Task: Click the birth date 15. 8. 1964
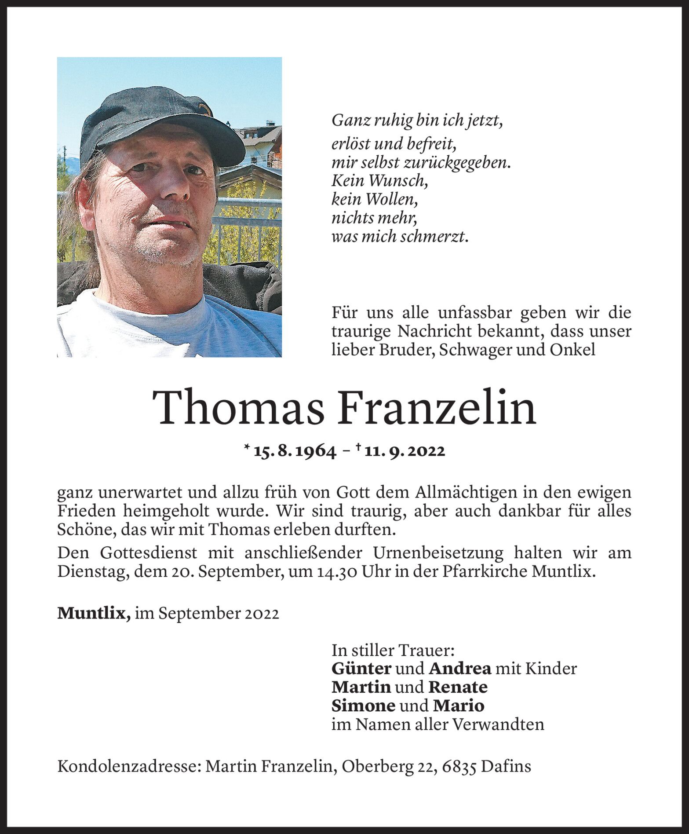(295, 451)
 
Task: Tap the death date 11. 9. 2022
(405, 451)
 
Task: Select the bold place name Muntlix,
(94, 613)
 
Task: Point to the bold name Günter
(361, 669)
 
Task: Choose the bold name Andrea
(460, 669)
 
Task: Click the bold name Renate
(458, 687)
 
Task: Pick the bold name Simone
(363, 706)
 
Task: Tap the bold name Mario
(459, 706)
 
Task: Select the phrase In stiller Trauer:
(393, 650)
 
